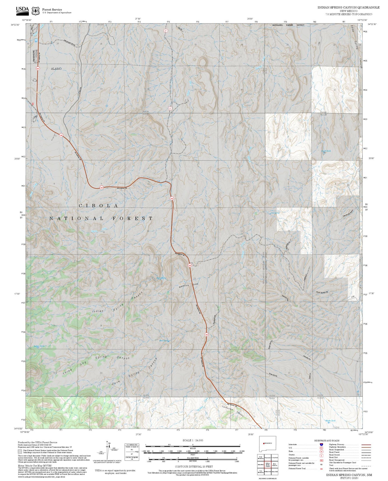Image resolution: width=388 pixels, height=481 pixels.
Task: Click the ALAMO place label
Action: click(x=56, y=69)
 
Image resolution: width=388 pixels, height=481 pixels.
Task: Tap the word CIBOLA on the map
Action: click(x=98, y=206)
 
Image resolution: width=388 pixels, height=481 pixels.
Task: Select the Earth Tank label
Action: click(x=326, y=151)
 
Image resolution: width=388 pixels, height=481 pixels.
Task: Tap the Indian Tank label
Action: click(x=39, y=346)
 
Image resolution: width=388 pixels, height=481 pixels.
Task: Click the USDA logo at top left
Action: click(x=22, y=10)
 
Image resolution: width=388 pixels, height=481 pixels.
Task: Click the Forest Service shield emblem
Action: click(x=35, y=11)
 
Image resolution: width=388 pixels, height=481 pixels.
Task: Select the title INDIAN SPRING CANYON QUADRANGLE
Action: click(x=348, y=8)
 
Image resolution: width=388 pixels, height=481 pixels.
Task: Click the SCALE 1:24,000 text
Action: click(x=193, y=441)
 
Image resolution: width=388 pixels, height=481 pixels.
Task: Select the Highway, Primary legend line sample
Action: click(x=366, y=445)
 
